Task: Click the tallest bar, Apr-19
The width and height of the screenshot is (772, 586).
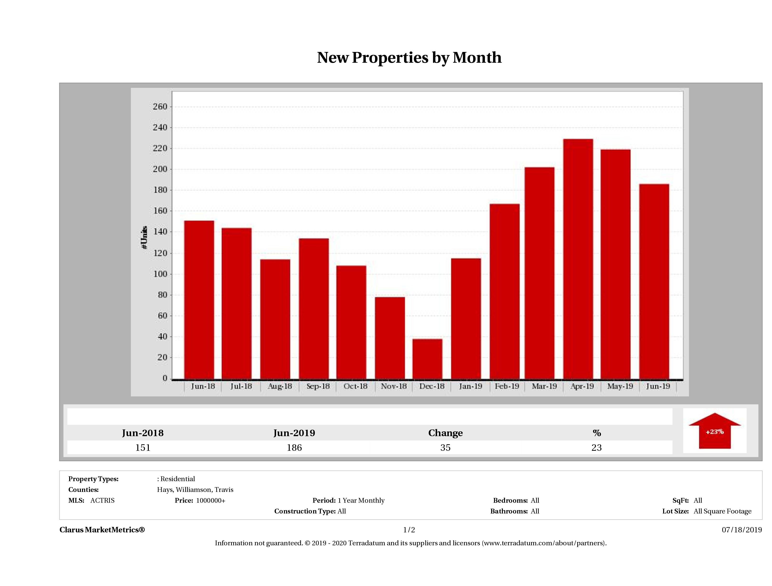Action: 578,259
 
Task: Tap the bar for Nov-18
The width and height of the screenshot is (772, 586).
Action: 390,338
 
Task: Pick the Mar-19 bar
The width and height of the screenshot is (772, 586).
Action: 539,273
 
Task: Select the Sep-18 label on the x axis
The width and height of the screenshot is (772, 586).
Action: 318,386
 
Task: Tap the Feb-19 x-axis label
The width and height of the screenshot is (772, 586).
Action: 507,386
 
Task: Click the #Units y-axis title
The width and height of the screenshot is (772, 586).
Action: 144,237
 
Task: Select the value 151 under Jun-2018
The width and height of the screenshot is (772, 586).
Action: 143,448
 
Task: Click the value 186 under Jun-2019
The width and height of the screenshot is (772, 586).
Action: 294,448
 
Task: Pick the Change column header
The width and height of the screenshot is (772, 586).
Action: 445,433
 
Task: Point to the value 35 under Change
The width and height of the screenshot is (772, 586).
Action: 445,448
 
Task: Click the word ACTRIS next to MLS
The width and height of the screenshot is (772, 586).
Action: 102,501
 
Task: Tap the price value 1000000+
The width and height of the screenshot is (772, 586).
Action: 211,501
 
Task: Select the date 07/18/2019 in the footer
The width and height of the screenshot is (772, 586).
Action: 742,530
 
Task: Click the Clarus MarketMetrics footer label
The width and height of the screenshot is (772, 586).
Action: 102,530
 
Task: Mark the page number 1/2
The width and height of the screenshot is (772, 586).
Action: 409,530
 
